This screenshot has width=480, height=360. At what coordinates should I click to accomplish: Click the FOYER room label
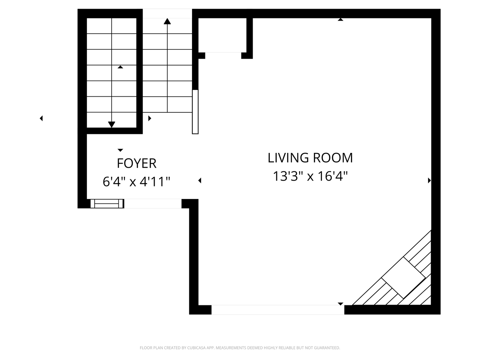(x=136, y=163)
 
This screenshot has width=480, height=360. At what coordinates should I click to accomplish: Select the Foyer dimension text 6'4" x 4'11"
(x=136, y=182)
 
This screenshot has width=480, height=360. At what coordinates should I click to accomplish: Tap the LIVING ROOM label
(x=310, y=158)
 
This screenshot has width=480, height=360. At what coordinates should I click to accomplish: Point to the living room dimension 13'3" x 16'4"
(x=310, y=176)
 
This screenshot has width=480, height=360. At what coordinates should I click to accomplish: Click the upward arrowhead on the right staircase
(x=167, y=22)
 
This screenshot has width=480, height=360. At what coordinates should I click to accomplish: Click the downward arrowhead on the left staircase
(x=112, y=124)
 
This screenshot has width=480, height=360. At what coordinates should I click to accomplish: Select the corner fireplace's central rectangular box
(x=403, y=278)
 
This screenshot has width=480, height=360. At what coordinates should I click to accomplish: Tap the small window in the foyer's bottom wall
(x=107, y=203)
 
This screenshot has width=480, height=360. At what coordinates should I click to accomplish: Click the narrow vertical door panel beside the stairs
(x=195, y=112)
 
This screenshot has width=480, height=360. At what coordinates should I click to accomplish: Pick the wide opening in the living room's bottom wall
(x=278, y=310)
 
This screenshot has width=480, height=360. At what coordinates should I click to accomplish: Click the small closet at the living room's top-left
(x=222, y=35)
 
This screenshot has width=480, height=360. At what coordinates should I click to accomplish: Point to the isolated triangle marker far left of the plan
(x=41, y=118)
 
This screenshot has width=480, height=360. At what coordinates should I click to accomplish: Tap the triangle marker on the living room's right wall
(x=429, y=180)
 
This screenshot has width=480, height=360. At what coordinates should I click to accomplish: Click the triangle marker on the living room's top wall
(x=340, y=20)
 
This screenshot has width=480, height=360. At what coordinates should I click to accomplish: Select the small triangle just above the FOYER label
(x=120, y=150)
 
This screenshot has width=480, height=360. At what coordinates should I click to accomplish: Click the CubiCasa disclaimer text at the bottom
(x=240, y=348)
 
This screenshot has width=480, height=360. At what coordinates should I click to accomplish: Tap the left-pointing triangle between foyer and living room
(x=200, y=180)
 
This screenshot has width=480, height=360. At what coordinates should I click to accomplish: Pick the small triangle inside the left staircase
(x=120, y=67)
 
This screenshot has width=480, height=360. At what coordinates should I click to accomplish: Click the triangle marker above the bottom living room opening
(x=340, y=304)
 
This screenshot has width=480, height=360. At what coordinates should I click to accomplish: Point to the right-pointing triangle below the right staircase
(x=150, y=118)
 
